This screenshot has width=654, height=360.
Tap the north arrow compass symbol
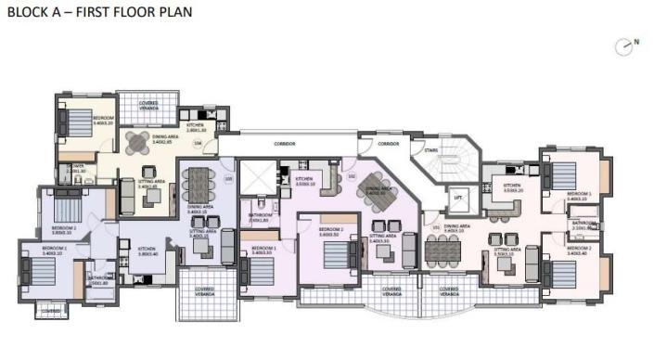[x=624, y=45]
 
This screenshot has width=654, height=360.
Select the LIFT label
[x=457, y=199]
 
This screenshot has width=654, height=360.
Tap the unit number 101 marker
[x=435, y=225]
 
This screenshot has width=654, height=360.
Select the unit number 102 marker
[x=352, y=175]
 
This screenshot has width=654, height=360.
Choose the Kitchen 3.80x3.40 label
[x=147, y=251]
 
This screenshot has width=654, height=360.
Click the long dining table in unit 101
[x=444, y=249]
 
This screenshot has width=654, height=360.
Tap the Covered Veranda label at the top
[x=148, y=105]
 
